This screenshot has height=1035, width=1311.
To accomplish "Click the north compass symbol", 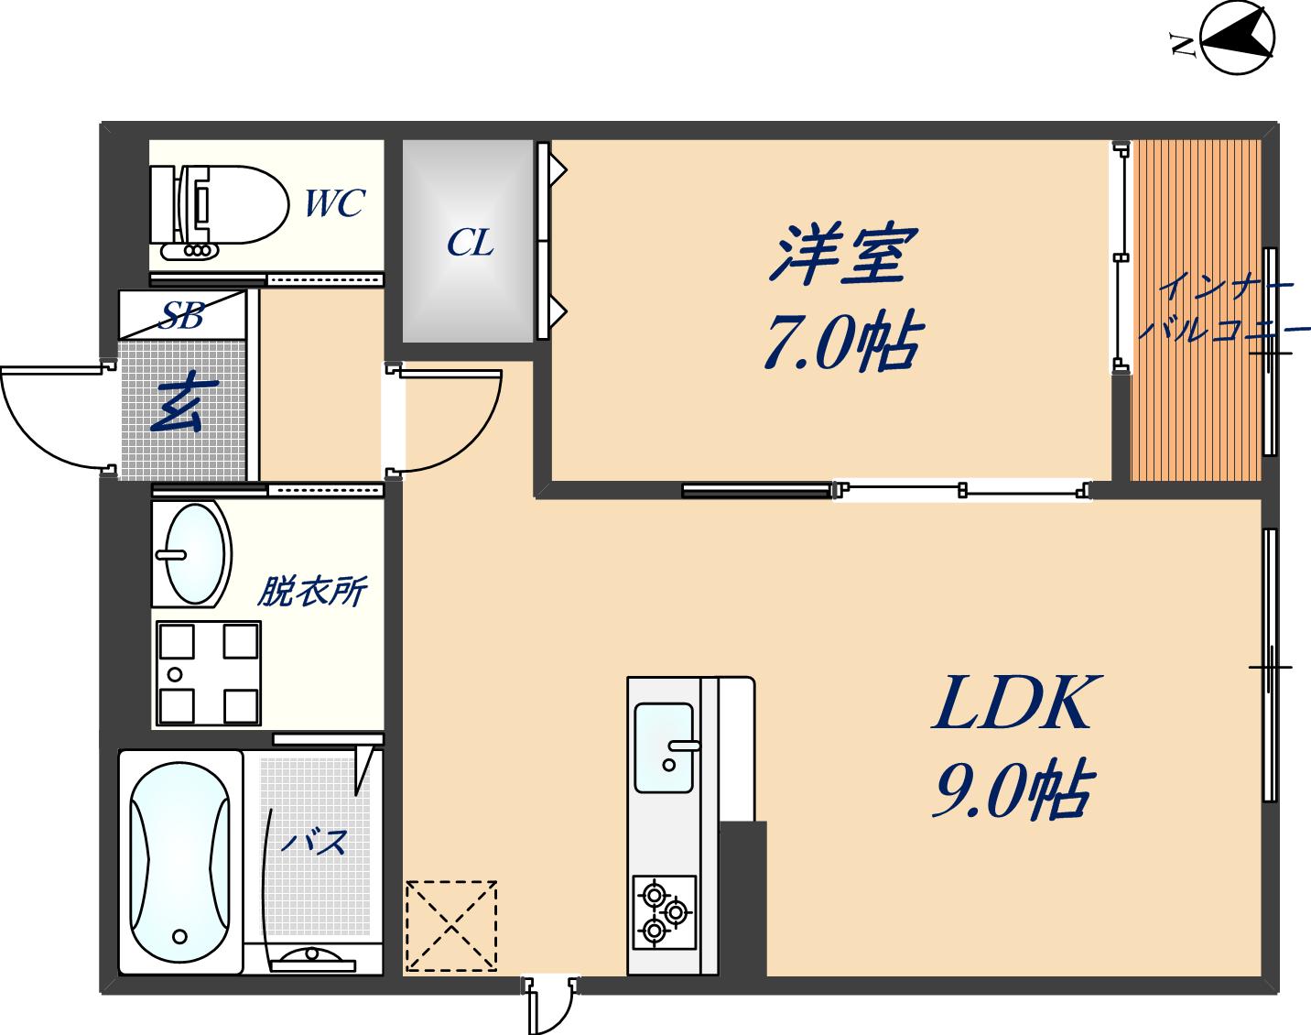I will pos(1236,38).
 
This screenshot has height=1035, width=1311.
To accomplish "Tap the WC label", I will pos(334,203).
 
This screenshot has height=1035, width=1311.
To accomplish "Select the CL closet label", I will pos(470,243).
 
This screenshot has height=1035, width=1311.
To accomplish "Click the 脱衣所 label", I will pos(311,592).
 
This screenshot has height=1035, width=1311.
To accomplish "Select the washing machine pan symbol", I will pos(208,672).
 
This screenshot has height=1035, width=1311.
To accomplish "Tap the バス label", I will pos(313,841).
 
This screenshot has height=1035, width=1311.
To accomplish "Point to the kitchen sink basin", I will pos(664,747).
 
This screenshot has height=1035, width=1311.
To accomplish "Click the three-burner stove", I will pos(664,911).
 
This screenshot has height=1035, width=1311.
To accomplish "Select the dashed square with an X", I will pos(451,925).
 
